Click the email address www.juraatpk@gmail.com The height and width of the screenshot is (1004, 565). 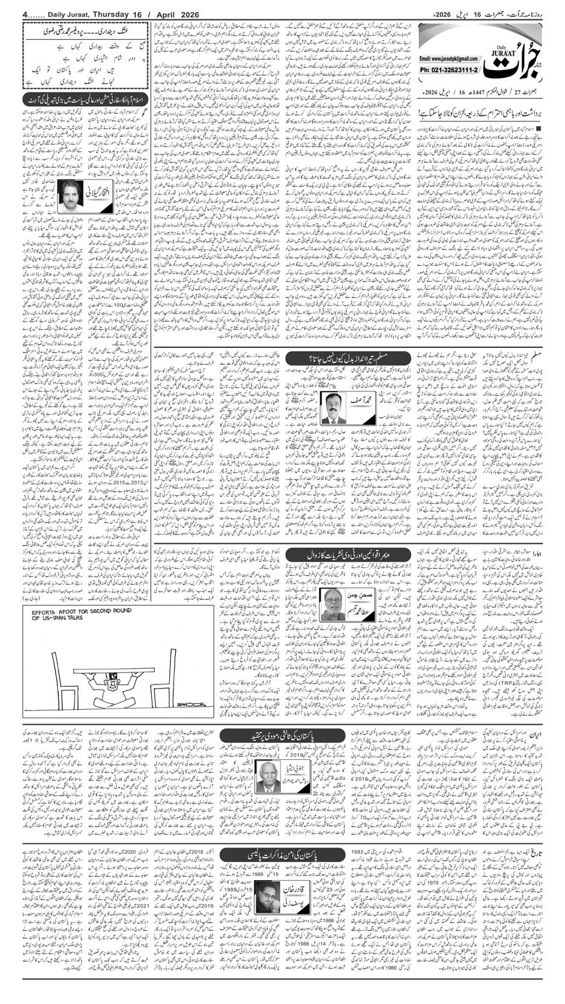click(x=448, y=59)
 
